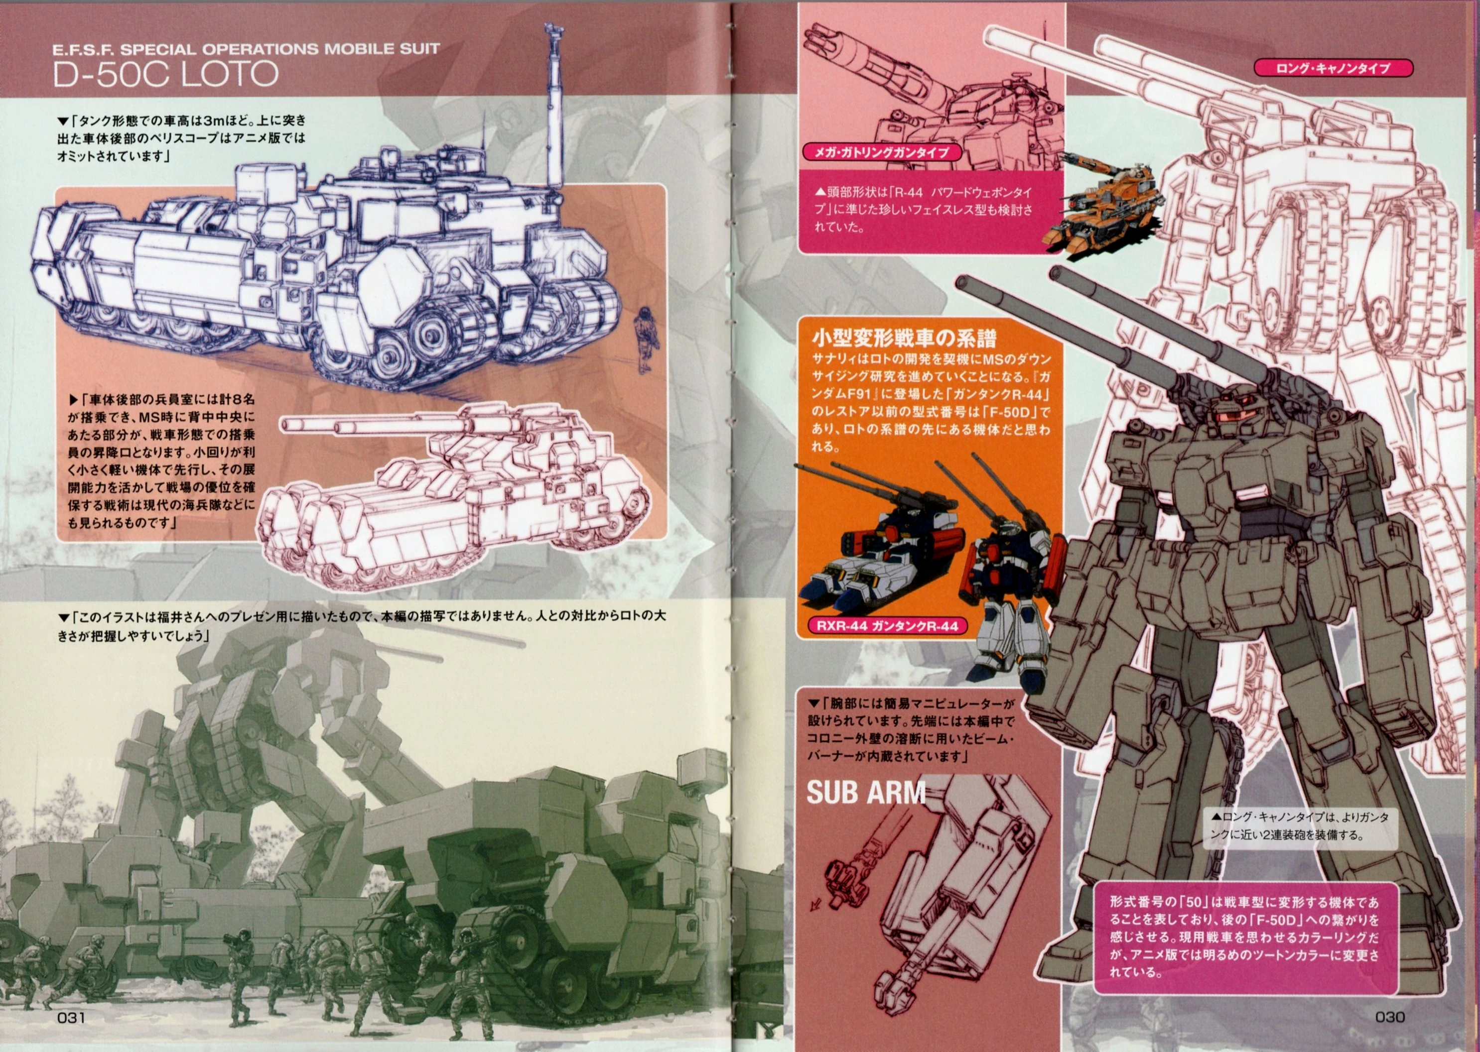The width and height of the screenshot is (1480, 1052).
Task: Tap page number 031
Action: coord(71,1018)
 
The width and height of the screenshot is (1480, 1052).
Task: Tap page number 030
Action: coord(1390,1017)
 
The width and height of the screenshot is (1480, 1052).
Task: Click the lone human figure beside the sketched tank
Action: coord(644,339)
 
